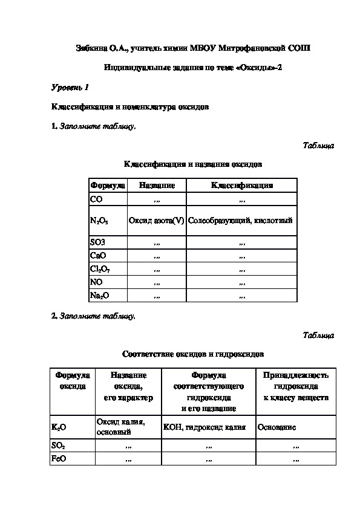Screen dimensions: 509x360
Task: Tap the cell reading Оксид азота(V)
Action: click(156, 221)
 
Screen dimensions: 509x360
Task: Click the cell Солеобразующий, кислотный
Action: click(240, 221)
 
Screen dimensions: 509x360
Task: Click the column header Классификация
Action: click(241, 186)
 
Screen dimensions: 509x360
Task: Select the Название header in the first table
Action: click(157, 186)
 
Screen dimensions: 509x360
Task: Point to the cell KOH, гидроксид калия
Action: click(205, 427)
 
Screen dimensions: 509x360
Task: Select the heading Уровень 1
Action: click(70, 88)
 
